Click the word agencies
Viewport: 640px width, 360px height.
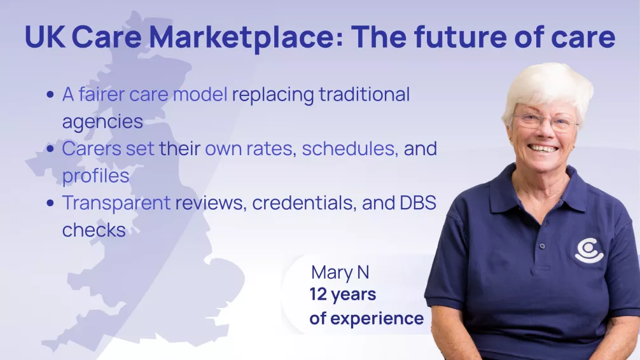[x=102, y=121]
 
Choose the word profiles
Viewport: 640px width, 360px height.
[x=96, y=175]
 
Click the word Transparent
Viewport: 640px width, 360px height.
[x=116, y=202]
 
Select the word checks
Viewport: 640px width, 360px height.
[x=94, y=229]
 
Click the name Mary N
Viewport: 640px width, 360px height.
[x=340, y=273]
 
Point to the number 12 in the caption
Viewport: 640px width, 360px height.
[x=319, y=295]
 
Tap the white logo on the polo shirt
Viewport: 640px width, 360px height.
[x=588, y=250]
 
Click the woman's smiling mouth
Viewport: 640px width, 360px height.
[x=543, y=148]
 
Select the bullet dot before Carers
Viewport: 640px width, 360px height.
[x=50, y=149]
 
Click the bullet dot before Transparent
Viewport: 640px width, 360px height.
[x=50, y=202]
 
